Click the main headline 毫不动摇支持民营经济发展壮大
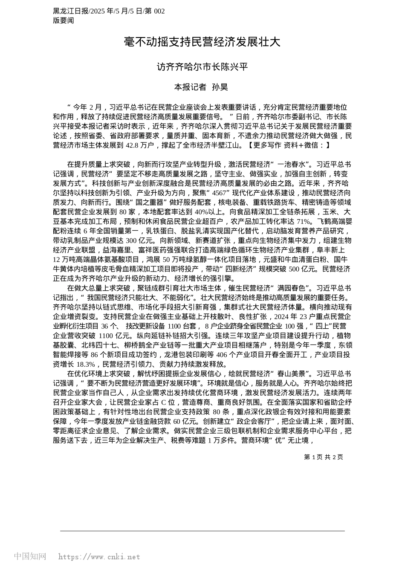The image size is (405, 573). pyautogui.click(x=202, y=42)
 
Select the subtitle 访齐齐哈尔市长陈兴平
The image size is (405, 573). pyautogui.click(x=202, y=67)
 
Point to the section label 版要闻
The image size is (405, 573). pyautogui.click(x=64, y=20)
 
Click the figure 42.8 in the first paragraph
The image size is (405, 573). pyautogui.click(x=135, y=145)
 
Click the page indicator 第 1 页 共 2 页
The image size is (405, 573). pyautogui.click(x=323, y=457)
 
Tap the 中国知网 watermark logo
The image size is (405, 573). pyautogui.click(x=30, y=556)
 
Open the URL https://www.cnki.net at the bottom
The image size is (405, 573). pyautogui.click(x=99, y=557)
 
